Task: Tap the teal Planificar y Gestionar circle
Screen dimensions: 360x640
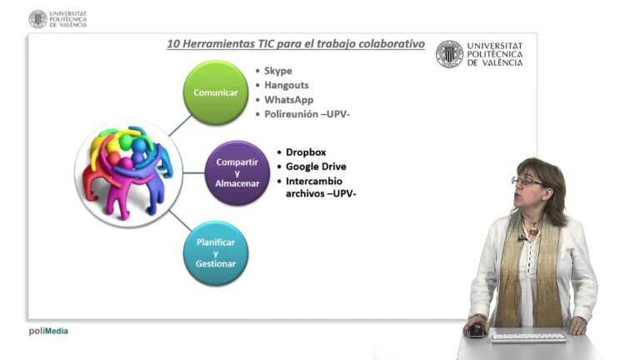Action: pos(215,252)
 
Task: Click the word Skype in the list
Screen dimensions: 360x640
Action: pos(278,71)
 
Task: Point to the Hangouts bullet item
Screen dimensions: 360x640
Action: pos(286,85)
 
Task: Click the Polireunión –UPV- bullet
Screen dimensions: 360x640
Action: pos(307,113)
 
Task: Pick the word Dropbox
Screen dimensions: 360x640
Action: pos(305,152)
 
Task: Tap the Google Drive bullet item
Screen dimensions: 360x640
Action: pos(315,167)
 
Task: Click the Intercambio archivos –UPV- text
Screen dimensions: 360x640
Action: pos(321,187)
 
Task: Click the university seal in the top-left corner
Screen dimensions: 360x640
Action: pos(37,19)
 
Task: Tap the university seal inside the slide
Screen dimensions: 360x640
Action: pos(449,54)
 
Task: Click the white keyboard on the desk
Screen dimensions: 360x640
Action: pos(528,337)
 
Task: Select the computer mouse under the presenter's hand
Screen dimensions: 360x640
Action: pos(476,329)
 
